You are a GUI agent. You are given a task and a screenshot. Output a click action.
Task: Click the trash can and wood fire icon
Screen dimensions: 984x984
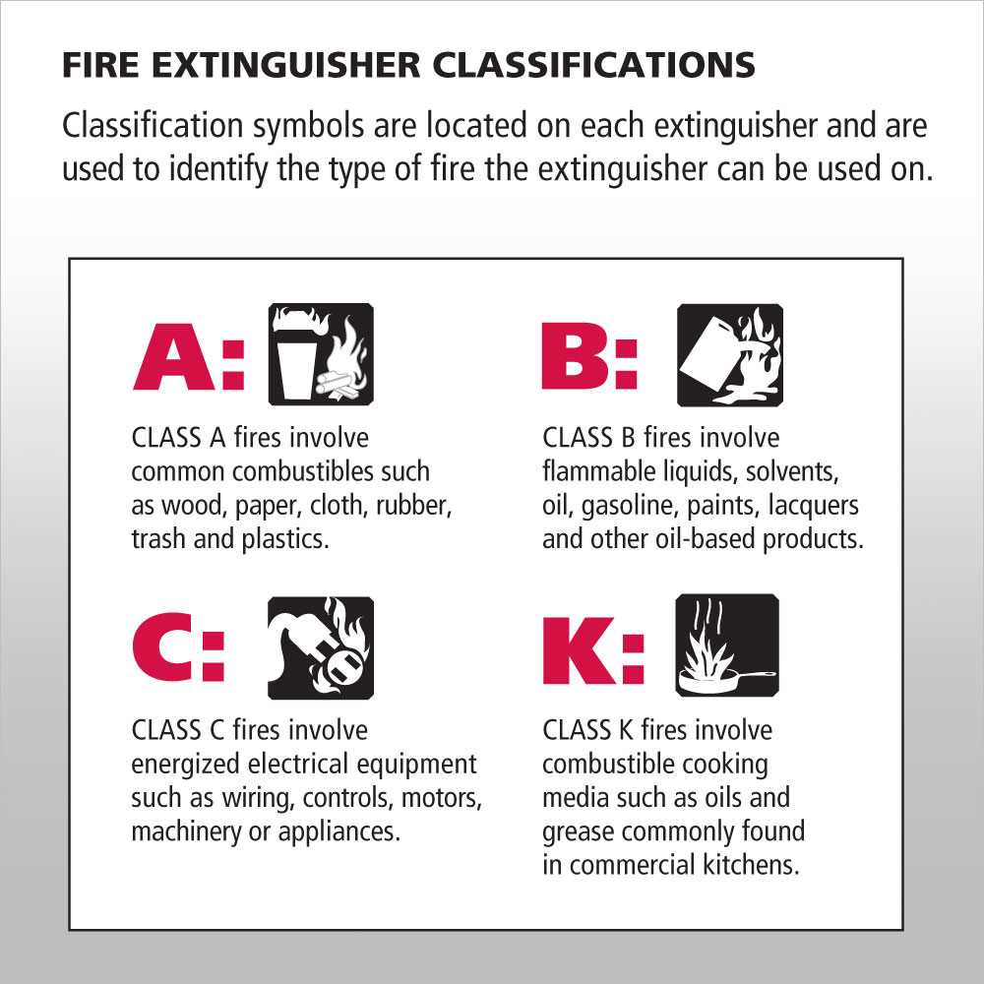321,354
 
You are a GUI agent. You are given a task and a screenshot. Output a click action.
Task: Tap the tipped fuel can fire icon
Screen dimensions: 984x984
728,354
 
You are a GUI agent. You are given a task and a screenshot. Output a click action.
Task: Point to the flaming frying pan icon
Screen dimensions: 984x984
728,646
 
